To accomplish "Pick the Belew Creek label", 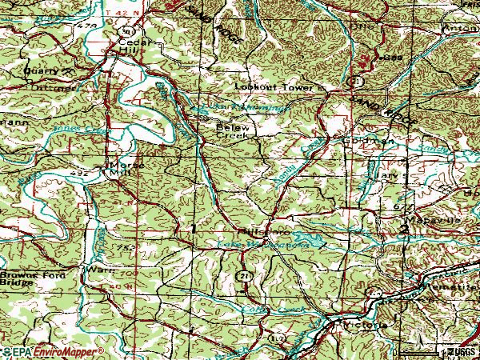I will pyautogui.click(x=233, y=131).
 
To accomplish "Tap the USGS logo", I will pyautogui.click(x=459, y=351).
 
